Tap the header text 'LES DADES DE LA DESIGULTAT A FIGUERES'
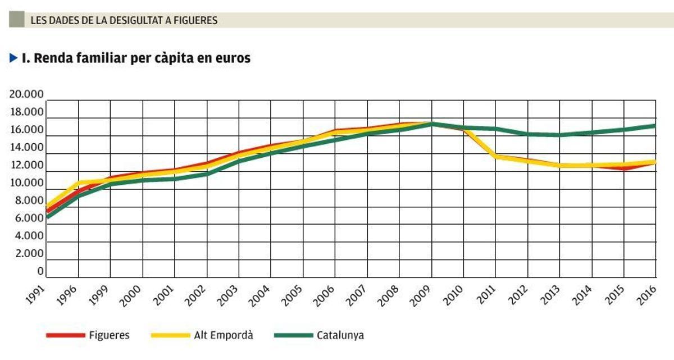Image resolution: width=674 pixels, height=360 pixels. tap(124, 21)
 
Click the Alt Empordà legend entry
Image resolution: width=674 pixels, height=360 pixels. tap(223, 335)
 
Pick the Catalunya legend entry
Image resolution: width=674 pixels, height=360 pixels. tap(340, 335)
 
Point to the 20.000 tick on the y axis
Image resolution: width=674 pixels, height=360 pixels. tap(26, 94)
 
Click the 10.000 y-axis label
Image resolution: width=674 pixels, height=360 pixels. tap(26, 183)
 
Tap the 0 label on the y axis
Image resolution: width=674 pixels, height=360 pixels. tap(40, 272)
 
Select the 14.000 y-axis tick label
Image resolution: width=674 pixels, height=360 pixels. tap(26, 148)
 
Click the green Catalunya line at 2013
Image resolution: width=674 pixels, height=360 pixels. tap(559, 135)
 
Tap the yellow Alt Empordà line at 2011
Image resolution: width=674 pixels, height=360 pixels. tap(496, 157)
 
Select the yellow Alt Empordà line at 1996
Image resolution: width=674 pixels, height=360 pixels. tap(78, 183)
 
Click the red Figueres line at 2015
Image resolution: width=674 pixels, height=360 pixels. tap(623, 168)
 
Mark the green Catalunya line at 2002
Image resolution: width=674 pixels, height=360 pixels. tap(207, 174)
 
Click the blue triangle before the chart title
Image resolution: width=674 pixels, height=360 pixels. tap(14, 58)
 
